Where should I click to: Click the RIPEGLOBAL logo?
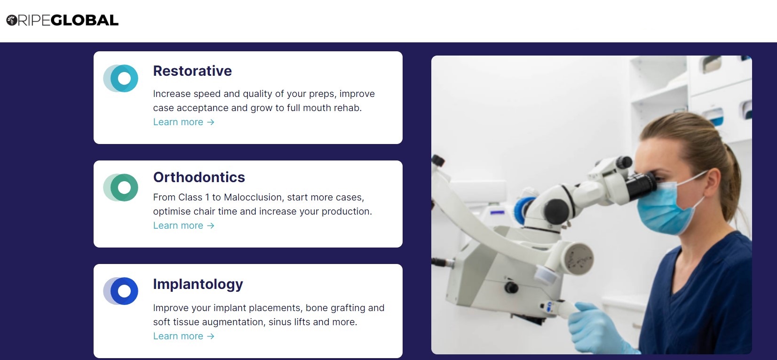[x=63, y=20]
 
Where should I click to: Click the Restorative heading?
[x=192, y=71]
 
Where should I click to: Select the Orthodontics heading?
[x=199, y=177]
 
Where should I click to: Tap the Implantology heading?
[x=198, y=284]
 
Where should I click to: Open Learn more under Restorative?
[x=184, y=122]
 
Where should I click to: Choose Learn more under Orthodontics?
[x=184, y=225]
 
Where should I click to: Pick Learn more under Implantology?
[x=184, y=336]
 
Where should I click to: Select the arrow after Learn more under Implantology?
[x=211, y=336]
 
